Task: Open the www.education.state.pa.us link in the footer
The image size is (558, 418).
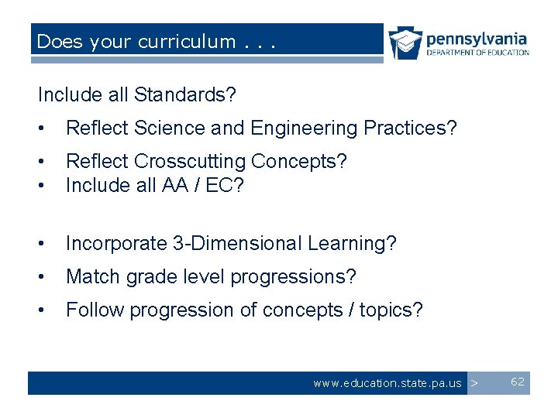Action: [387, 383]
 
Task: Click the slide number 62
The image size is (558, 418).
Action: [518, 382]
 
